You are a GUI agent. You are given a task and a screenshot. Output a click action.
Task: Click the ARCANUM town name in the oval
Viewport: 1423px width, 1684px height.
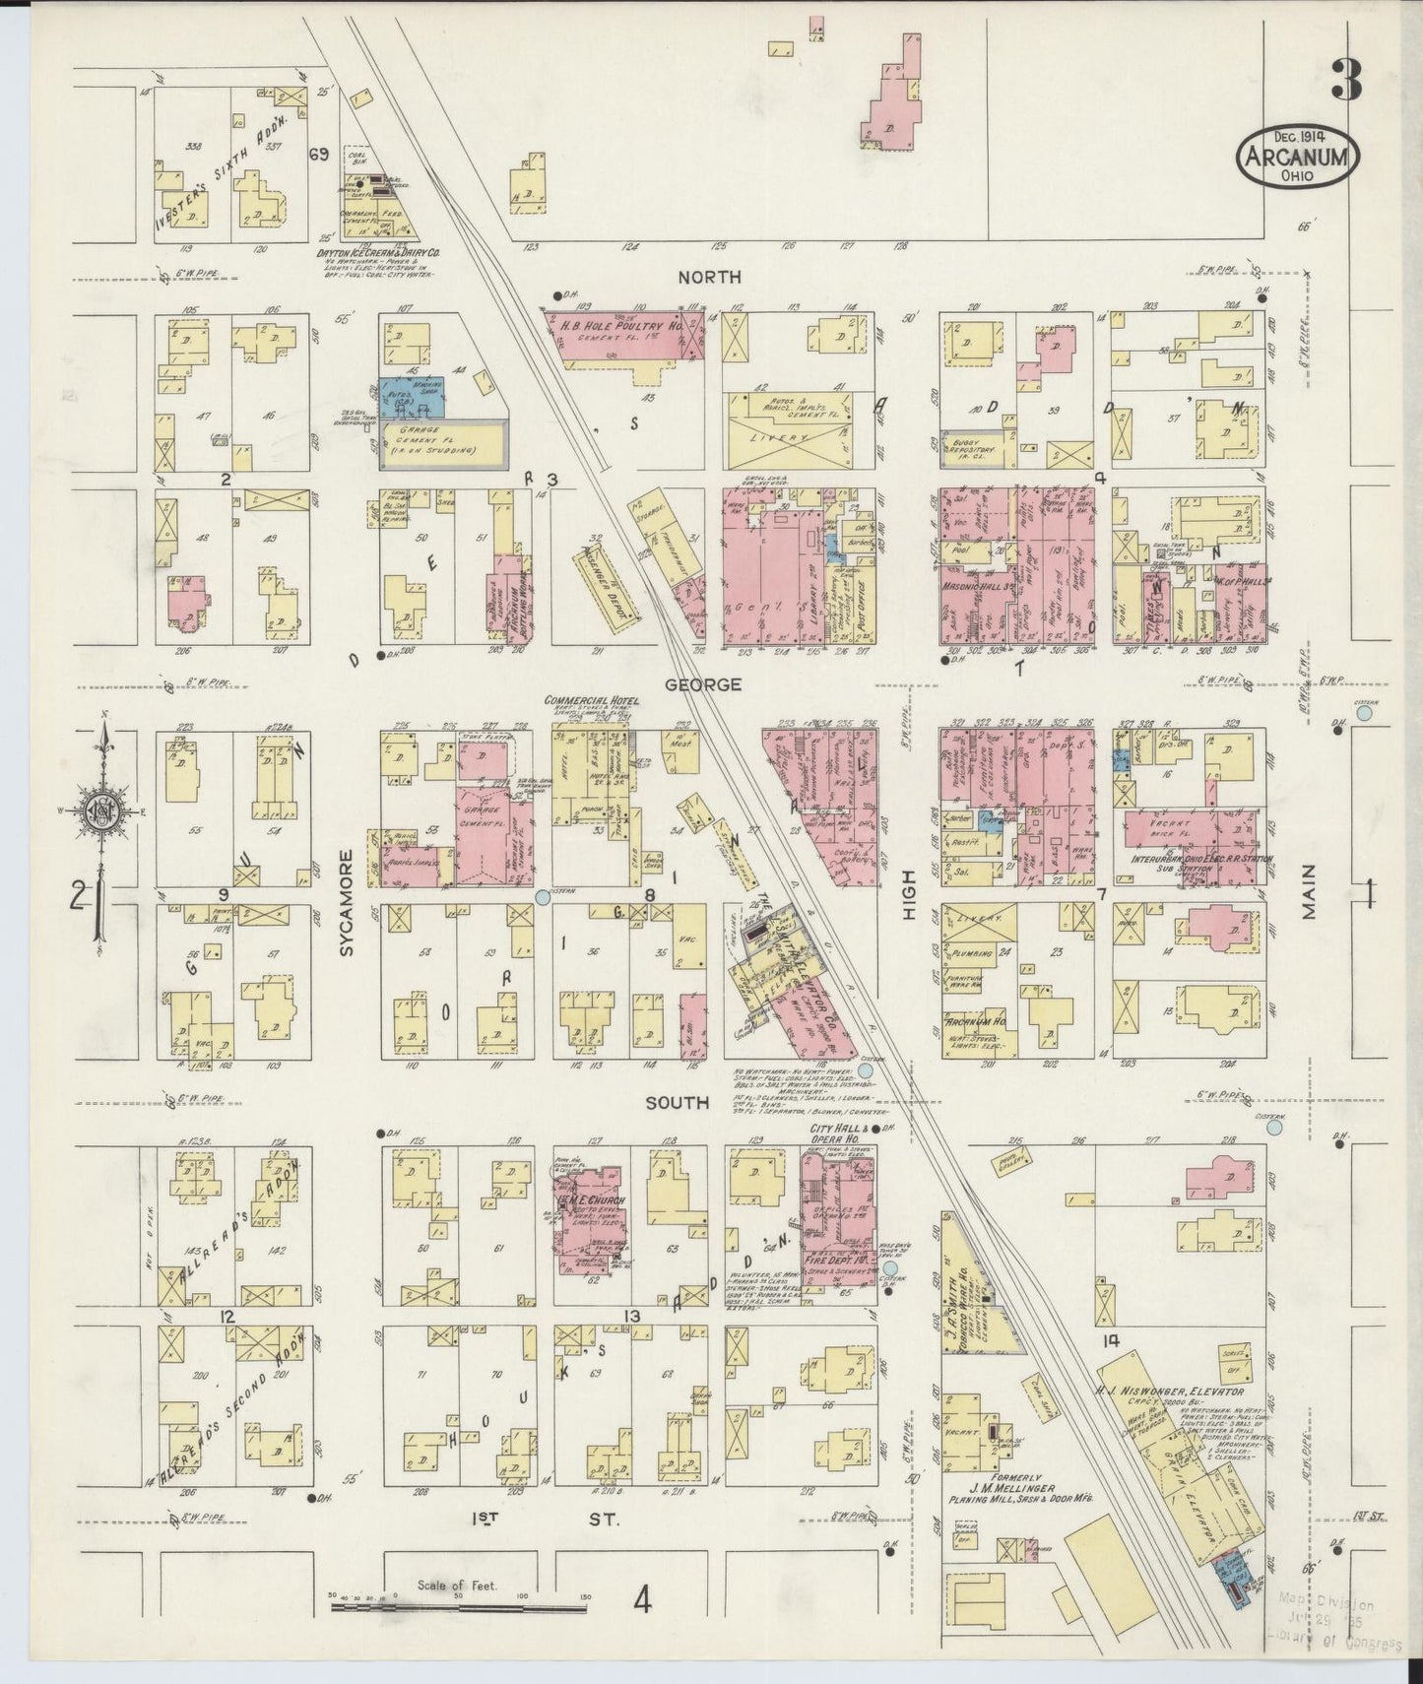(1299, 159)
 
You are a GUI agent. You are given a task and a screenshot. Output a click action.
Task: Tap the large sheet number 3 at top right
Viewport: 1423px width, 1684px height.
(1346, 80)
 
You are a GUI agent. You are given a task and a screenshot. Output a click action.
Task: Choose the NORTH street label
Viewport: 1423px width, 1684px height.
(703, 278)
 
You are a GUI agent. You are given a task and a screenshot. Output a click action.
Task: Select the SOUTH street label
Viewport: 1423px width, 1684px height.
(677, 1103)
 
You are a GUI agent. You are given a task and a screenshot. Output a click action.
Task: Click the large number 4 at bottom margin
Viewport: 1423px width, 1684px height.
(643, 1602)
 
